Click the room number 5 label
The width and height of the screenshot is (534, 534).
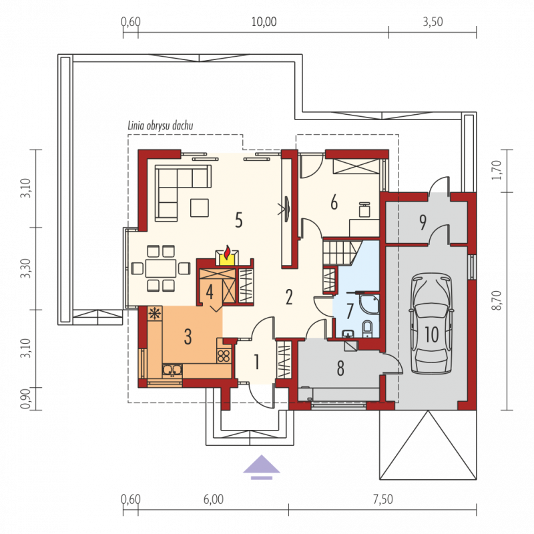click(239, 220)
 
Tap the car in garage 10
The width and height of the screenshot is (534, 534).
click(432, 323)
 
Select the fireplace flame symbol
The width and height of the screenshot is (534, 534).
click(227, 252)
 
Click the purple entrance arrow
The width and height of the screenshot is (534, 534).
click(261, 467)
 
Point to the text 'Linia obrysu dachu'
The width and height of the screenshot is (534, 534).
click(160, 125)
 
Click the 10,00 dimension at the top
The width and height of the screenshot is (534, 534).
click(264, 22)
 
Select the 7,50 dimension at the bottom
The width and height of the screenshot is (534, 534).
click(383, 499)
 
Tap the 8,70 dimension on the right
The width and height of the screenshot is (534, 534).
click(497, 300)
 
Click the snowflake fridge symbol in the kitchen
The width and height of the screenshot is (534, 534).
click(155, 313)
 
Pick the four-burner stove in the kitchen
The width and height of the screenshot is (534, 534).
click(224, 356)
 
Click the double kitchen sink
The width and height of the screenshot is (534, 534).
click(172, 370)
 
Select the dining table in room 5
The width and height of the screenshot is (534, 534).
click(161, 268)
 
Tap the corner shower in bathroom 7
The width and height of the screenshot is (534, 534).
click(368, 304)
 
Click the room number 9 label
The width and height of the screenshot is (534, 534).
click(423, 222)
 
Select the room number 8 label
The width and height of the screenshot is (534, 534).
click(340, 368)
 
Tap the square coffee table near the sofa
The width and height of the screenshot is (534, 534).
click(199, 208)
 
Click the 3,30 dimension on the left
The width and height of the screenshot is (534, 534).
click(25, 268)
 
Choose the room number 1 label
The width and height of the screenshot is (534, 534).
click(257, 362)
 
